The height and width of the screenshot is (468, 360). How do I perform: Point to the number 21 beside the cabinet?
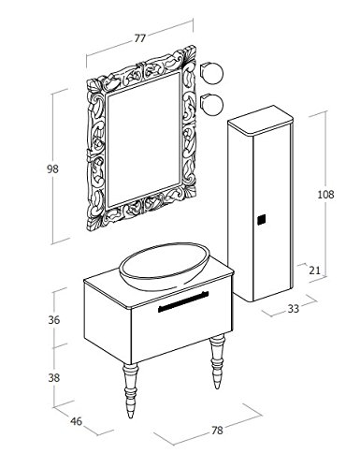click(x=315, y=271)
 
